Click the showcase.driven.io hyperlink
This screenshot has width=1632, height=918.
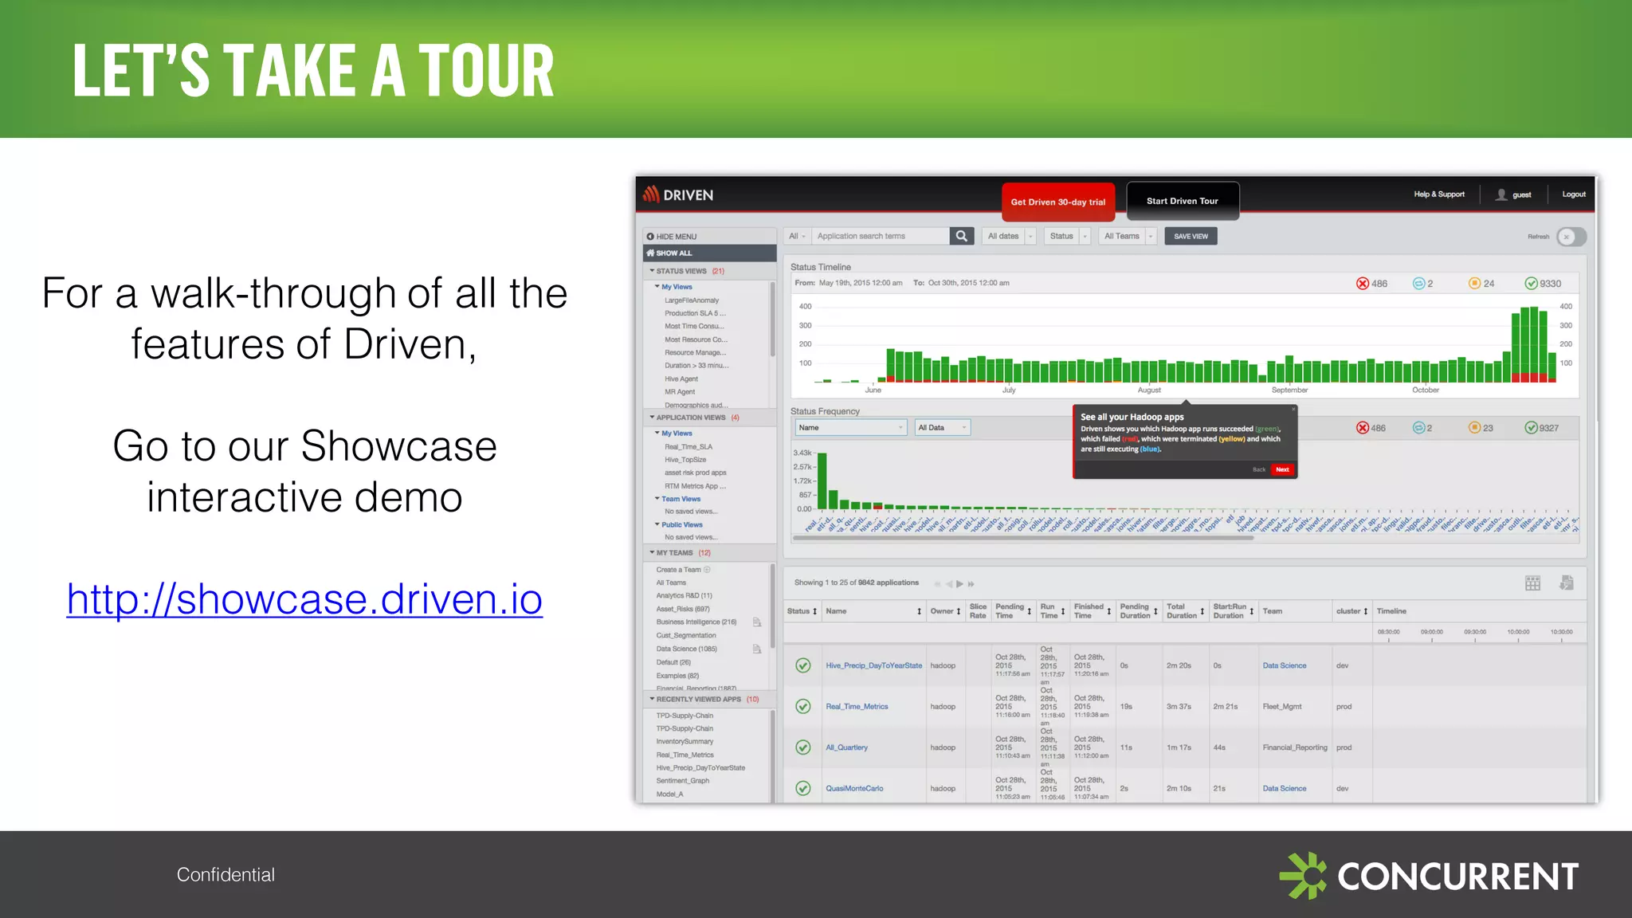[304, 599]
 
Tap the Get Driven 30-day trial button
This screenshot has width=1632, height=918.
[1057, 202]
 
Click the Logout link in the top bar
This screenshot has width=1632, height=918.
[1573, 194]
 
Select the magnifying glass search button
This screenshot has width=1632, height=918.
[962, 236]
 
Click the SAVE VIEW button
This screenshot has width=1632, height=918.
[1191, 237]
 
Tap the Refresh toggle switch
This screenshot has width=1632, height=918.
[1571, 237]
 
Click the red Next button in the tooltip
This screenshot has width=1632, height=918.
[1282, 469]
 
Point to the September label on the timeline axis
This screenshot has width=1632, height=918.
[1289, 390]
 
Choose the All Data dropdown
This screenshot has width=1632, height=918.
[942, 428]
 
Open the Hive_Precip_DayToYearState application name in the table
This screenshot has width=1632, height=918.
[873, 665]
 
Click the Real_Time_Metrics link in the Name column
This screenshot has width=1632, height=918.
[857, 707]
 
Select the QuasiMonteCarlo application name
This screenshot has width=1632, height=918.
[854, 789]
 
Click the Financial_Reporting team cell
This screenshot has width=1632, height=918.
[1295, 747]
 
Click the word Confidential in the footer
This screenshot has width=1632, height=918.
[226, 875]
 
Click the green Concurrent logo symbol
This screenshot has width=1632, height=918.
[1303, 876]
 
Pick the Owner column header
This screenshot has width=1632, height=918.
[942, 611]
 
